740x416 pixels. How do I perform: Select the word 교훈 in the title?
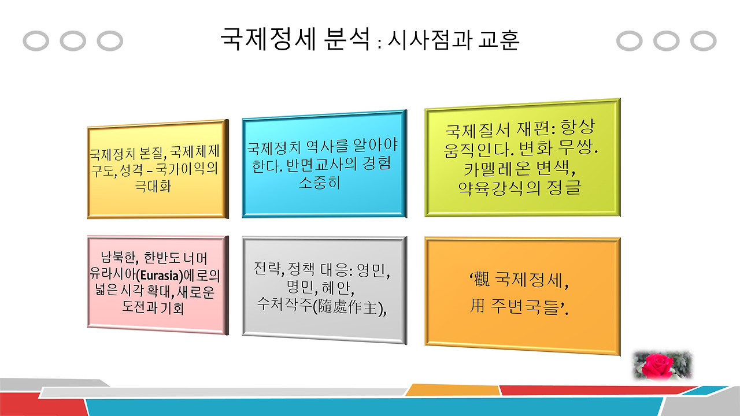[498, 40]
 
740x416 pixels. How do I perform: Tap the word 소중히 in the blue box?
[320, 183]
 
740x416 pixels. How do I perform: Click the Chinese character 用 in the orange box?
[477, 306]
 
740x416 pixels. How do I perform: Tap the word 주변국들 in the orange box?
[526, 306]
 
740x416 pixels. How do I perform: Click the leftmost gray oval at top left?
[35, 41]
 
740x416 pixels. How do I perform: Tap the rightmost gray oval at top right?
[704, 41]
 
